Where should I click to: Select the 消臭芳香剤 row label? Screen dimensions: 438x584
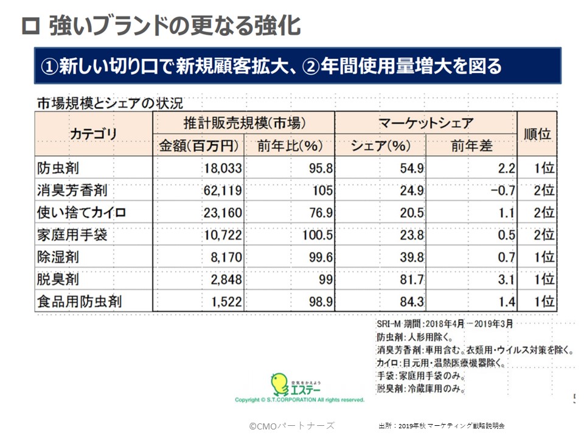72,190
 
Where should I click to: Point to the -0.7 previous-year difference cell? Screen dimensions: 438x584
501,190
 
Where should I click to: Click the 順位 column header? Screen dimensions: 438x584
537,134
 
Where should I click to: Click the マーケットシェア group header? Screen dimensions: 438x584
426,123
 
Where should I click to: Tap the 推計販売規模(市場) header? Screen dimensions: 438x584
243,123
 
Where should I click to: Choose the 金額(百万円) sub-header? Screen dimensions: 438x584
198,146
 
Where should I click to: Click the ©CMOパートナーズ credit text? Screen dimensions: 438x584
291,425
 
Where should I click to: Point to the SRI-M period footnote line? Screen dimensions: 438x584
445,323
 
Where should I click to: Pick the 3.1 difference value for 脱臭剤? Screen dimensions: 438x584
506,279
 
